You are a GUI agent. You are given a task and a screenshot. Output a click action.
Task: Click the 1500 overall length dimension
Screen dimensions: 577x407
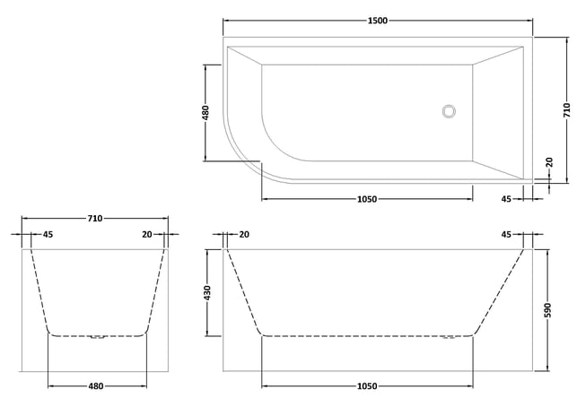coord(378,21)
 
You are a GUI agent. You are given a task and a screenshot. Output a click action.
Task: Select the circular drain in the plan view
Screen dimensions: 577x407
coord(449,111)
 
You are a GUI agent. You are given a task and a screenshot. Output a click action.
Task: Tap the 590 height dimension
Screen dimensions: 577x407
coord(548,310)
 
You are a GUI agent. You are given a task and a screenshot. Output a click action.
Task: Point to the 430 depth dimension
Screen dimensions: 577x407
coord(207,292)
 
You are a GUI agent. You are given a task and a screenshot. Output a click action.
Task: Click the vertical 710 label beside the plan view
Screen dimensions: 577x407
coord(567,110)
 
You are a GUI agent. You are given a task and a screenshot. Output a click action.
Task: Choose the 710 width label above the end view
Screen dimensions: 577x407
coord(95,219)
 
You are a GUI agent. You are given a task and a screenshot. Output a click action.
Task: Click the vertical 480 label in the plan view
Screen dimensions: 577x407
coord(205,113)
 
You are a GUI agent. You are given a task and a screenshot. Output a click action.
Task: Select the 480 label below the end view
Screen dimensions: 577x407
coord(96,386)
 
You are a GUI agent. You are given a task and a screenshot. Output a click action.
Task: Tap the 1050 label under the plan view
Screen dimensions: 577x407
coord(367,199)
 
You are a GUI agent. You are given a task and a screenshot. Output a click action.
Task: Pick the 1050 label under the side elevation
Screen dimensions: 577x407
coord(367,386)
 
